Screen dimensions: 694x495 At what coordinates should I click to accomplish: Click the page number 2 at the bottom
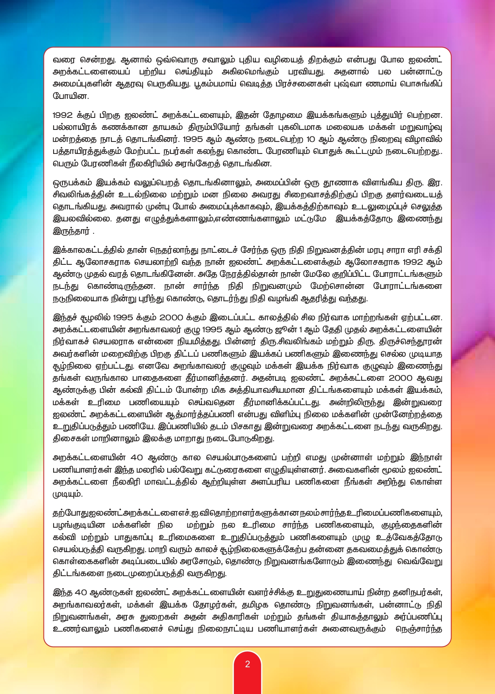pyautogui.click(x=247, y=664)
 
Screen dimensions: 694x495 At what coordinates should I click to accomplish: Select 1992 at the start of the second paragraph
pyautogui.click(x=62, y=115)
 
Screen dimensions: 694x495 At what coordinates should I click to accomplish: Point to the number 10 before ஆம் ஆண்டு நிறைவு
pyautogui.click(x=311, y=139)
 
